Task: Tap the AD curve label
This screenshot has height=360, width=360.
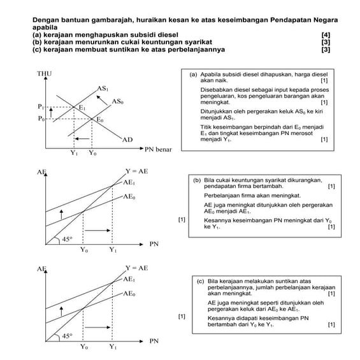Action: pyautogui.click(x=127, y=139)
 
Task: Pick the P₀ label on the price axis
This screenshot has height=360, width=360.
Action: pyautogui.click(x=41, y=119)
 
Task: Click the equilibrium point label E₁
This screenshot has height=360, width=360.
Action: pyautogui.click(x=82, y=108)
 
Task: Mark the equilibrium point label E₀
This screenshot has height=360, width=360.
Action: pyautogui.click(x=99, y=120)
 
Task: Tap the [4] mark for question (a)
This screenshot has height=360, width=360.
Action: pyautogui.click(x=326, y=33)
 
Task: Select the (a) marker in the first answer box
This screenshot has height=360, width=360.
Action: pyautogui.click(x=194, y=75)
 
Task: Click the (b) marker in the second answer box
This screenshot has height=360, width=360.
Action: pyautogui.click(x=197, y=180)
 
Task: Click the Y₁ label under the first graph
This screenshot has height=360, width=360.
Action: pyautogui.click(x=74, y=154)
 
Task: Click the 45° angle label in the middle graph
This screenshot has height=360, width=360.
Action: pyautogui.click(x=67, y=239)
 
